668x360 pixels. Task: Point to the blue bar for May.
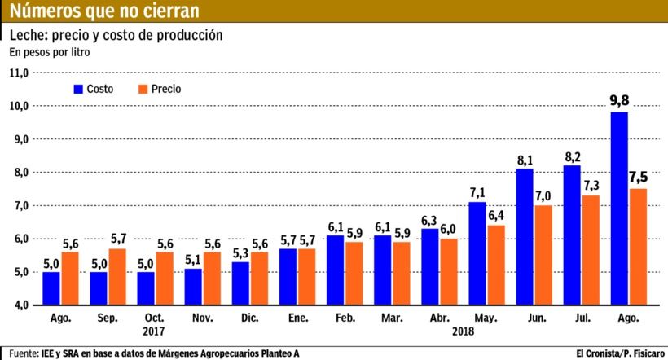click(477, 253)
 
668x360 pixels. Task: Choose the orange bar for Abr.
click(447, 271)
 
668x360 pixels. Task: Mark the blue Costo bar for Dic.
click(240, 283)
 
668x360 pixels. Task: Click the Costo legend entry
click(98, 88)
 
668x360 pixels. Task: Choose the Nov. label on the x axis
click(202, 318)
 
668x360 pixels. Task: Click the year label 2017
click(154, 331)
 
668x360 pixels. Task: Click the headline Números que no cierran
click(103, 11)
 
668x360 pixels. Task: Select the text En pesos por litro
click(49, 52)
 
